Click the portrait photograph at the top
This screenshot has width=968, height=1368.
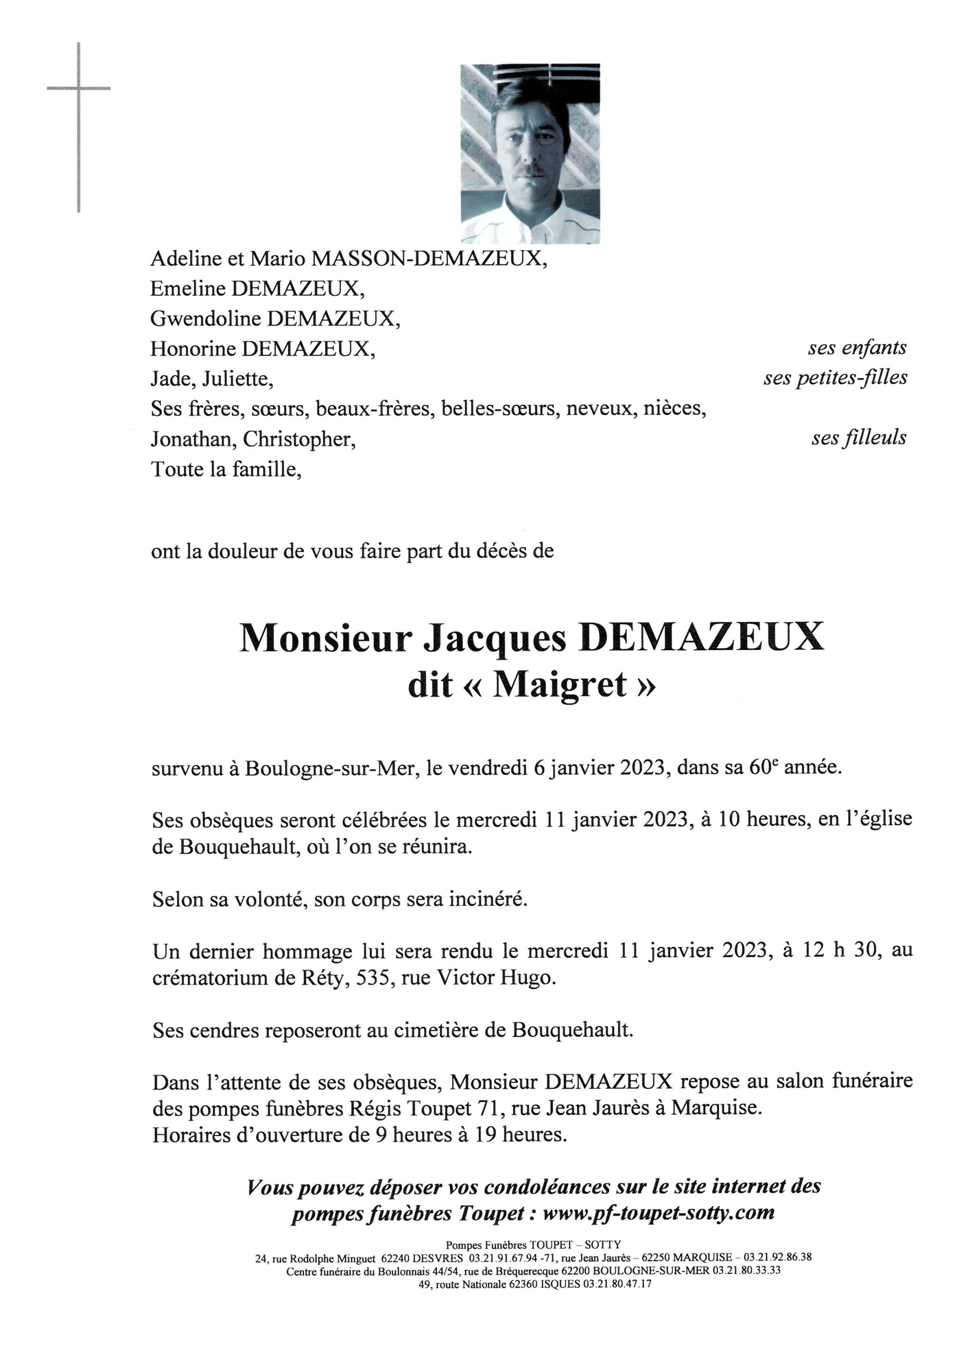point(530,154)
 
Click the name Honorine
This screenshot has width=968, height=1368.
point(192,349)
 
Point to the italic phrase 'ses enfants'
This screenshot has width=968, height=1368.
point(856,348)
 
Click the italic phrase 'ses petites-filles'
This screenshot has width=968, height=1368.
point(835,378)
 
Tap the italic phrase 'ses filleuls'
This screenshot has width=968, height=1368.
point(858,438)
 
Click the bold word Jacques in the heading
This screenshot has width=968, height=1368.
point(494,638)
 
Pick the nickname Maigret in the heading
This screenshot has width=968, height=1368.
point(560,685)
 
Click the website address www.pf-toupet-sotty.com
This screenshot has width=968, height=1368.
point(659,1213)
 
